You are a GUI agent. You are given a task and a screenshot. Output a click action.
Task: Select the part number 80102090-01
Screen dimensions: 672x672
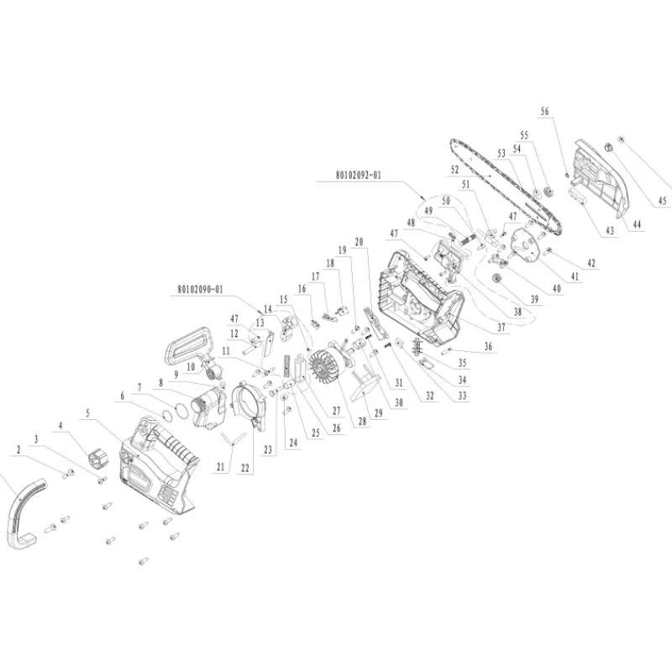pyautogui.click(x=201, y=290)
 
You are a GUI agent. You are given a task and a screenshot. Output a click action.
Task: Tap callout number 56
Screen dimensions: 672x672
pyautogui.click(x=544, y=111)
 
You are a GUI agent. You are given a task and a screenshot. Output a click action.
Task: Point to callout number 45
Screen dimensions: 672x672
pyautogui.click(x=662, y=201)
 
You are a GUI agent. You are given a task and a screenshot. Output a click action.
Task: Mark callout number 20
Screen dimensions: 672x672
pyautogui.click(x=359, y=242)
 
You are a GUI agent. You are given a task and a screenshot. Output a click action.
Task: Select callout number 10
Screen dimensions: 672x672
pyautogui.click(x=192, y=367)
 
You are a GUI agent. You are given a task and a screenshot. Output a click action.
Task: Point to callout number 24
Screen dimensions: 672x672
pyautogui.click(x=292, y=440)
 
